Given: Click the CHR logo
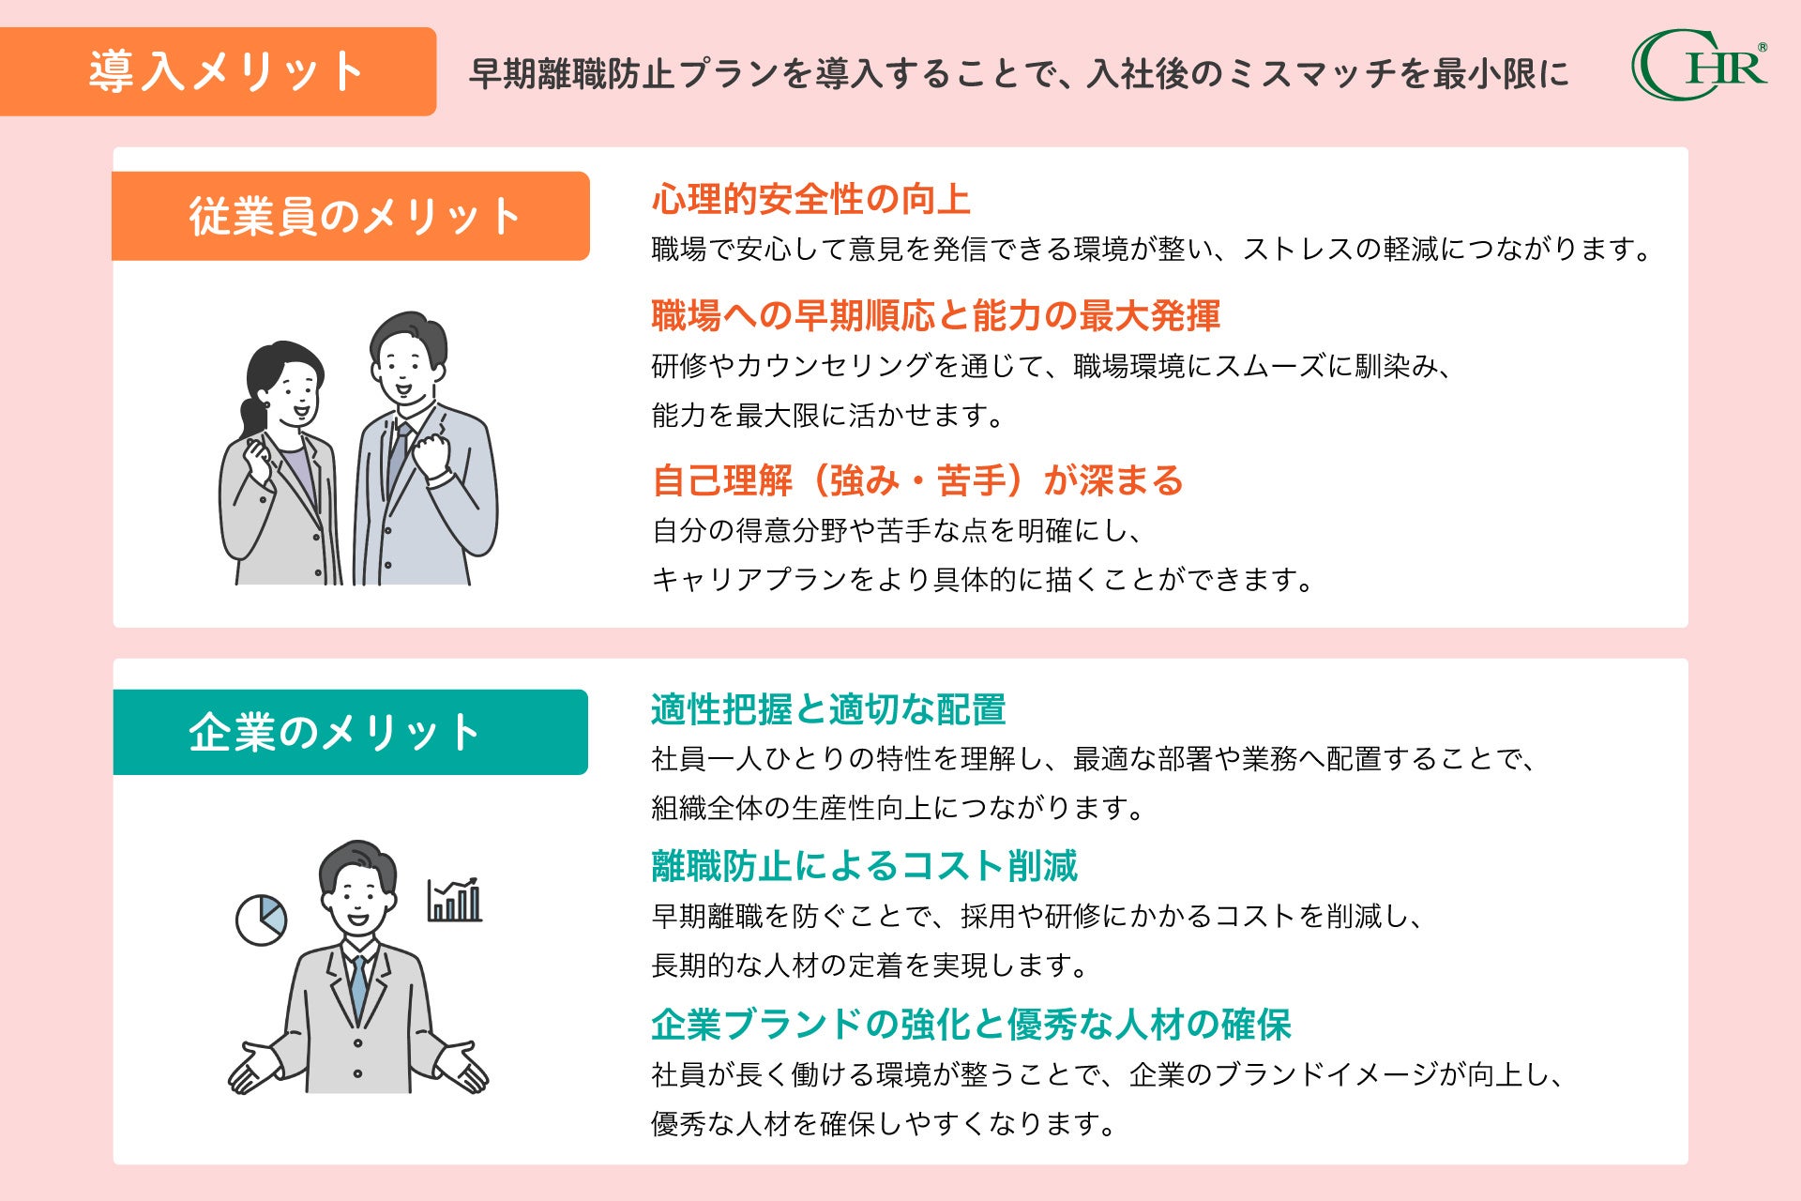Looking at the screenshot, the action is (x=1699, y=65).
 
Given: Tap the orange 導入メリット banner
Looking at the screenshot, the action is (x=218, y=72).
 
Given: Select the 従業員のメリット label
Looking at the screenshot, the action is (x=351, y=217).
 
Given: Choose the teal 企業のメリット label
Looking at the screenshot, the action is (x=350, y=733).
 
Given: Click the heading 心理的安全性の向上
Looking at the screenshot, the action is (x=810, y=200).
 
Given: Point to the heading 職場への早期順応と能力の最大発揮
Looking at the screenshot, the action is (x=935, y=316).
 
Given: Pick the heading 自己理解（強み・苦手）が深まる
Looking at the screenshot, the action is (x=917, y=481).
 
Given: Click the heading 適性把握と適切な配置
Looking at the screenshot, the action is (x=828, y=710).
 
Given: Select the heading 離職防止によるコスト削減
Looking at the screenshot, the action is (x=864, y=866).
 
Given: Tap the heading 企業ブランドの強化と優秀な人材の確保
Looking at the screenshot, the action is (x=971, y=1025).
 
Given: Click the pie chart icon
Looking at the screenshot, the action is (x=261, y=920).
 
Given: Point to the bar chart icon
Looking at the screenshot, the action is (x=455, y=901).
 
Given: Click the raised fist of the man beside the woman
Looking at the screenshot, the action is (x=432, y=455).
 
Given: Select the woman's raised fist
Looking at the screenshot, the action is (x=256, y=459).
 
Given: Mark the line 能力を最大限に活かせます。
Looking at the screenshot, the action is (x=827, y=415).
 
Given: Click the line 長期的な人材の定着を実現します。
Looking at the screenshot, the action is (x=869, y=965).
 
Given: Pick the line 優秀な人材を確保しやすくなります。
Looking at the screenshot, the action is (x=883, y=1123).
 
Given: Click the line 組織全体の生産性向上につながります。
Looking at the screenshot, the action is (x=897, y=808).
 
